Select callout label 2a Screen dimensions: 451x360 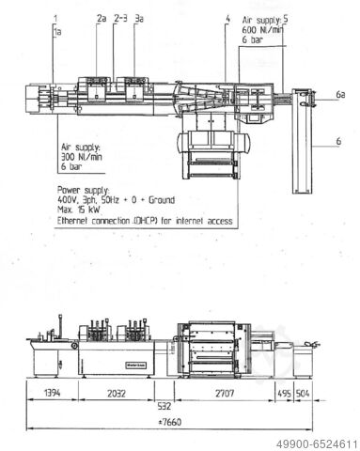101,18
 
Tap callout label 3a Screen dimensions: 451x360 139,18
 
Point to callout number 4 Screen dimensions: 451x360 227,18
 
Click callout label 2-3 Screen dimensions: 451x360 120,18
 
